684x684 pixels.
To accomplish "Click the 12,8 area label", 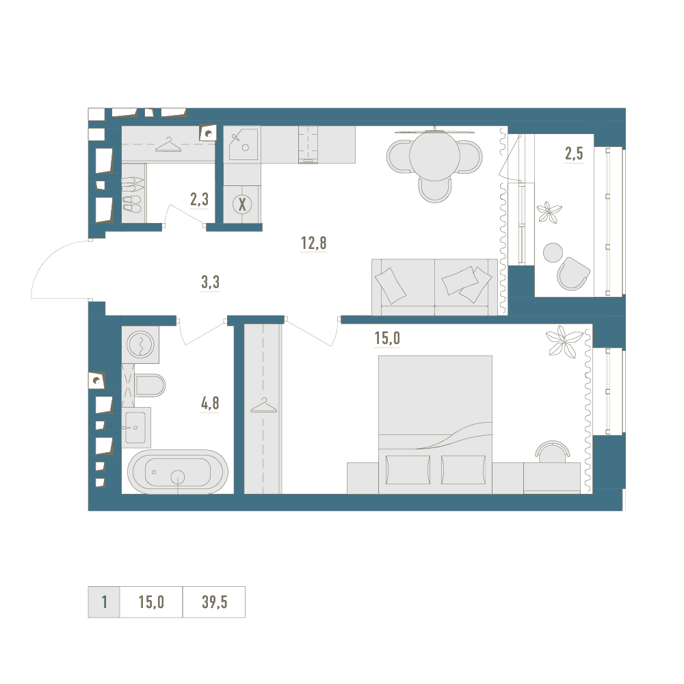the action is [314, 243].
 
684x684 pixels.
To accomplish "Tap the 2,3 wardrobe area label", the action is [199, 199].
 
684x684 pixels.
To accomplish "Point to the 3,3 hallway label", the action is [210, 282].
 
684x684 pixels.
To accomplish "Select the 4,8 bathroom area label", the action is [210, 403].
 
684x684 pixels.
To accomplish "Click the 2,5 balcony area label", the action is [574, 153].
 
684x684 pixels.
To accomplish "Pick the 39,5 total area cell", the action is [214, 602].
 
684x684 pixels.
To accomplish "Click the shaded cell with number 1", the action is [104, 602].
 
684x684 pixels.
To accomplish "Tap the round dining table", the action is [434, 155].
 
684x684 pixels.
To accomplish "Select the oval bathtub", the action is [178, 472].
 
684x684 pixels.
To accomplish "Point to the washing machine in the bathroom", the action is [140, 345].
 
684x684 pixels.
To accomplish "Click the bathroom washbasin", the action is [135, 428].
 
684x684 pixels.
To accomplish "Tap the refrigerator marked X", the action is [242, 204].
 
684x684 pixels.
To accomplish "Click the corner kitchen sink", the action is [242, 144].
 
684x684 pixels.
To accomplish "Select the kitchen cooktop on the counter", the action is [308, 144].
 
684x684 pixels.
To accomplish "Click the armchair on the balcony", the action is [573, 274].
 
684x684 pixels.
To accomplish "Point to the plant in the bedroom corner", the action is [564, 341].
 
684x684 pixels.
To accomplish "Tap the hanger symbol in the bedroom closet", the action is [263, 406].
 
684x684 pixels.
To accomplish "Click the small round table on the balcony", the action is [553, 252].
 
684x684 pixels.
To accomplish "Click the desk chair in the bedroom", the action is [553, 451].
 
